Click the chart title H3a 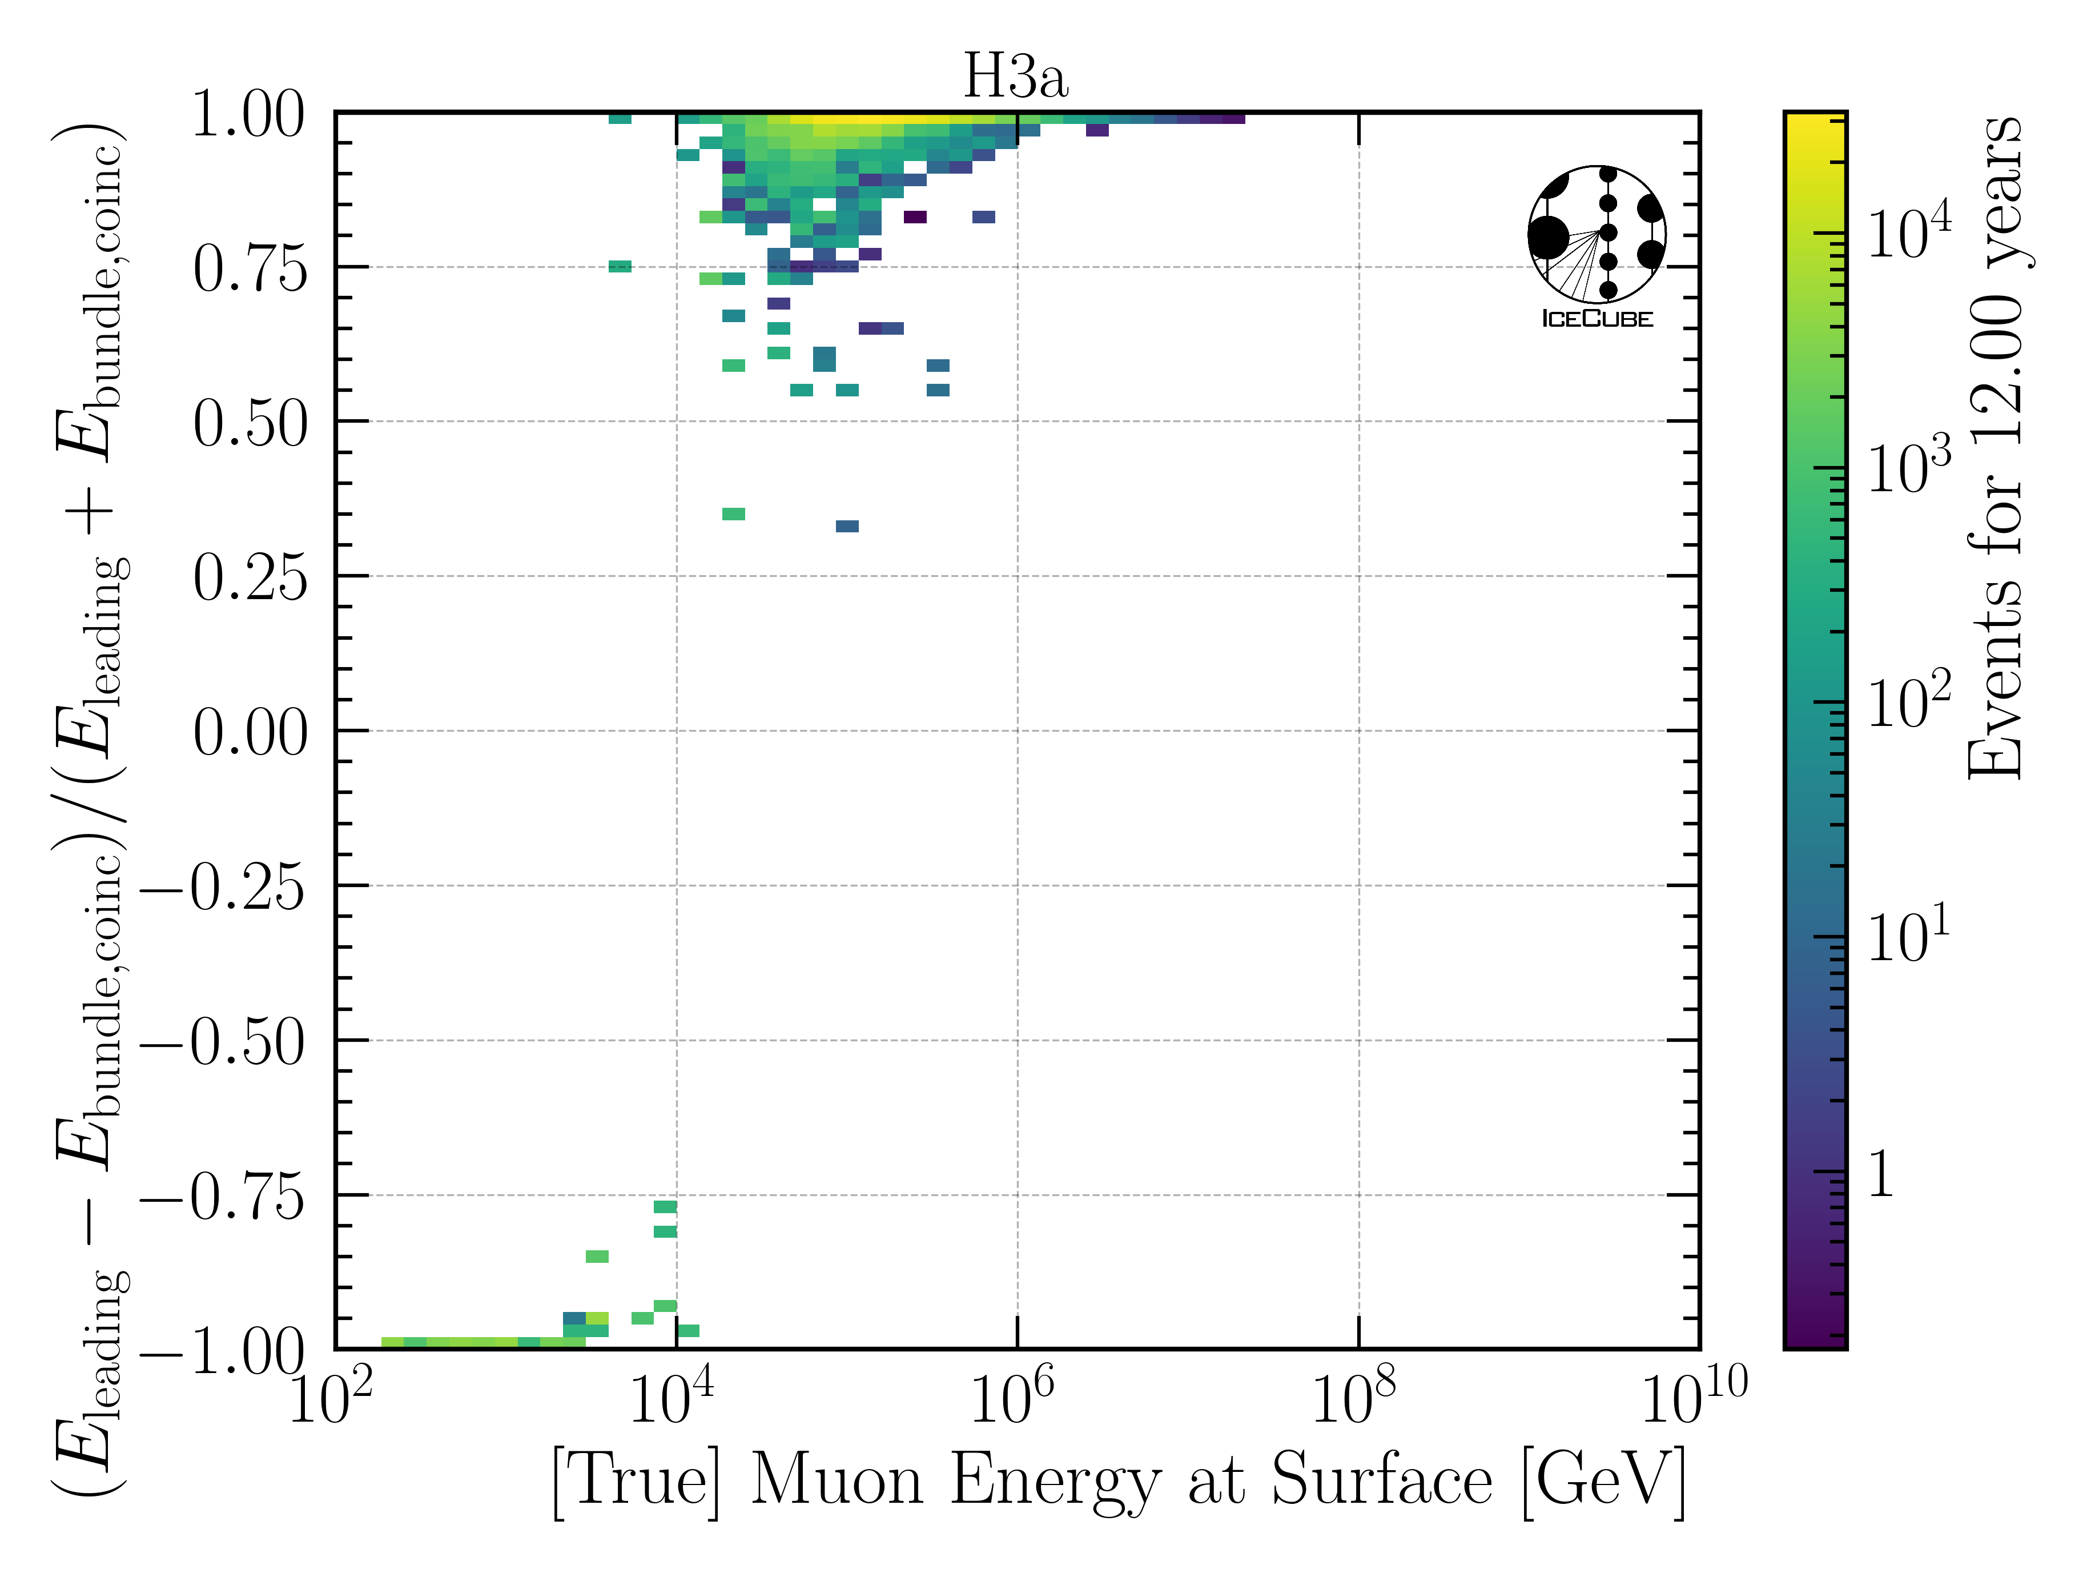pos(1015,77)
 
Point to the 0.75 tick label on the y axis pos(250,270)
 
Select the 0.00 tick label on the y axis pos(250,733)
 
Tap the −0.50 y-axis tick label pos(224,1043)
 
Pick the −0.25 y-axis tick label pos(224,888)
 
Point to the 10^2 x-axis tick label pos(330,1398)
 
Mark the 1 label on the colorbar pos(1882,1175)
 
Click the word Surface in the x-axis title pos(1382,1479)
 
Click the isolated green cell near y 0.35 pos(733,514)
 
